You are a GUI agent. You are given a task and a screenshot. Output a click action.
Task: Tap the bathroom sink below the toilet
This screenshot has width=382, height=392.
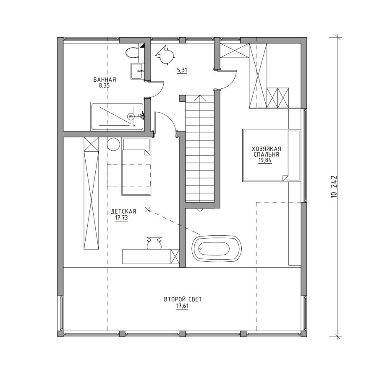pos(137,71)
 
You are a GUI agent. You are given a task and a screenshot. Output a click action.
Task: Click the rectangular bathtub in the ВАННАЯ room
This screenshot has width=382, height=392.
pos(117,116)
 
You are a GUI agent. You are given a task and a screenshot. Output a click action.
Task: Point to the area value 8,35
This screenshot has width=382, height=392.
pos(104,86)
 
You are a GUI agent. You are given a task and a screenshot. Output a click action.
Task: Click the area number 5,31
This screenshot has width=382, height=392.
pos(182,70)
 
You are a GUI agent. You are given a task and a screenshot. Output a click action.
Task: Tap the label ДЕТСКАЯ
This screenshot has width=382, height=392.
pos(123,211)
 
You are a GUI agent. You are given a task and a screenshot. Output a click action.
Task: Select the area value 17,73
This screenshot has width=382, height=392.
pos(121,218)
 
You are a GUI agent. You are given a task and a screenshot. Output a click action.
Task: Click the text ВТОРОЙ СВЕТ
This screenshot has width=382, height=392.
pos(183,299)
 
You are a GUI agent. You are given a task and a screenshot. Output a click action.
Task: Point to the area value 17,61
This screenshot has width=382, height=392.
pos(182,306)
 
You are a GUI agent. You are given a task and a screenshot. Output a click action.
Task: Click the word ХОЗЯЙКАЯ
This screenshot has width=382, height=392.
pos(267,149)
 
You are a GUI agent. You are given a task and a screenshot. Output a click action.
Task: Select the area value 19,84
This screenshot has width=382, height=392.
pos(265,160)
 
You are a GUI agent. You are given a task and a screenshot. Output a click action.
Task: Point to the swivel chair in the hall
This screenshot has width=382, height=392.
pos(165,55)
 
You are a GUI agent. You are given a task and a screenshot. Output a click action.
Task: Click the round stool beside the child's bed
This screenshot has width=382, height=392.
pos(113,144)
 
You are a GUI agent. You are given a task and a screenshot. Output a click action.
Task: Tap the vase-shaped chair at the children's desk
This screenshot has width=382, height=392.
pos(154,243)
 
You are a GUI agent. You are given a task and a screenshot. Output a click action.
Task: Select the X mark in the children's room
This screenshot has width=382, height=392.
pos(148,210)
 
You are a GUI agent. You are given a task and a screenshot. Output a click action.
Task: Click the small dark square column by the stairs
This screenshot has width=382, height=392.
pos(182,98)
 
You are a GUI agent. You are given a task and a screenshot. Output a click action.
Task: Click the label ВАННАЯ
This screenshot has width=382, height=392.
pos(105,80)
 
